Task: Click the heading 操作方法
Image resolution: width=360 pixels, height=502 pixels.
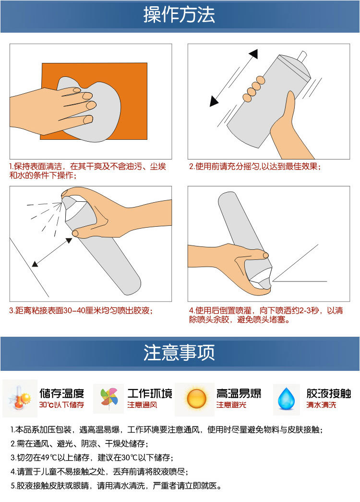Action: (x=179, y=15)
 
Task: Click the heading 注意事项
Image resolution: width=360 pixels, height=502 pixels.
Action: (x=179, y=353)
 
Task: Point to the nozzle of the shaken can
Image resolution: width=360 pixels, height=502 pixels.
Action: (x=302, y=56)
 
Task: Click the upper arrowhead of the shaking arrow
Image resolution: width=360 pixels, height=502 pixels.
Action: (x=254, y=54)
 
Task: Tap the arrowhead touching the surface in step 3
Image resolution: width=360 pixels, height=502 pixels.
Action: (x=35, y=264)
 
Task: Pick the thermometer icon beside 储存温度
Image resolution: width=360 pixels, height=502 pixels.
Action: (x=20, y=398)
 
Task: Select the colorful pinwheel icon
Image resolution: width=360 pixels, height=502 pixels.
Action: (x=108, y=398)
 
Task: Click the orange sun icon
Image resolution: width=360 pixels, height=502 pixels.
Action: (x=196, y=398)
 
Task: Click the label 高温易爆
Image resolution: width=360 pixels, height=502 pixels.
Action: (x=239, y=393)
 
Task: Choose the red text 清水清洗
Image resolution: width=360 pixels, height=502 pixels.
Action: (x=321, y=405)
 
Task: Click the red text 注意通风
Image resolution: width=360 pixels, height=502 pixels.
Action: (x=142, y=405)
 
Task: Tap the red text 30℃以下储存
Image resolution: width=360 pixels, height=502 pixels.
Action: (x=61, y=405)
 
